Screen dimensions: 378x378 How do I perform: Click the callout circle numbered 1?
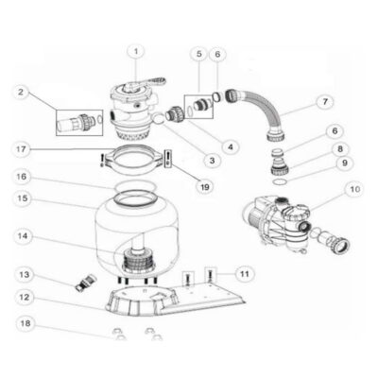coord(137,51)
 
